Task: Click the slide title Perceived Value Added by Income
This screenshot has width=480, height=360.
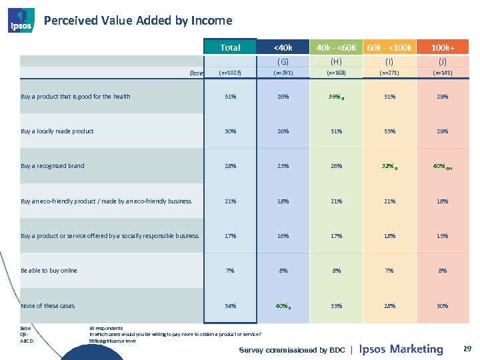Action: pos(137,21)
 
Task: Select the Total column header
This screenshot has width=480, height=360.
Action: pos(230,47)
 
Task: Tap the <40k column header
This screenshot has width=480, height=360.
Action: pos(283,47)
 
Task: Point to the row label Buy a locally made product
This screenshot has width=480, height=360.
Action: pos(57,131)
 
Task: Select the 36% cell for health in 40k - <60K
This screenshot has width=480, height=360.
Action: pos(335,97)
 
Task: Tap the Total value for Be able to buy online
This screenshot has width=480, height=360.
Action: pos(230,271)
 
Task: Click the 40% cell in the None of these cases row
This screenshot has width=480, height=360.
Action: pos(282,306)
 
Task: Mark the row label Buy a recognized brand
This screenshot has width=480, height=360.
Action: pos(53,166)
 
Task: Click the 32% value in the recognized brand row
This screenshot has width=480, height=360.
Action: pos(387,166)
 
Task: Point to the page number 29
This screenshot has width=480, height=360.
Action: pos(467,349)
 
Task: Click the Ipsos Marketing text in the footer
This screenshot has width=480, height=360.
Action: pos(401,349)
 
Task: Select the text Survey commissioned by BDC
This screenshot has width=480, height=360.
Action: pos(291,350)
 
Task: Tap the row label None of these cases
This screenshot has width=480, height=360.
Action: pos(48,306)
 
